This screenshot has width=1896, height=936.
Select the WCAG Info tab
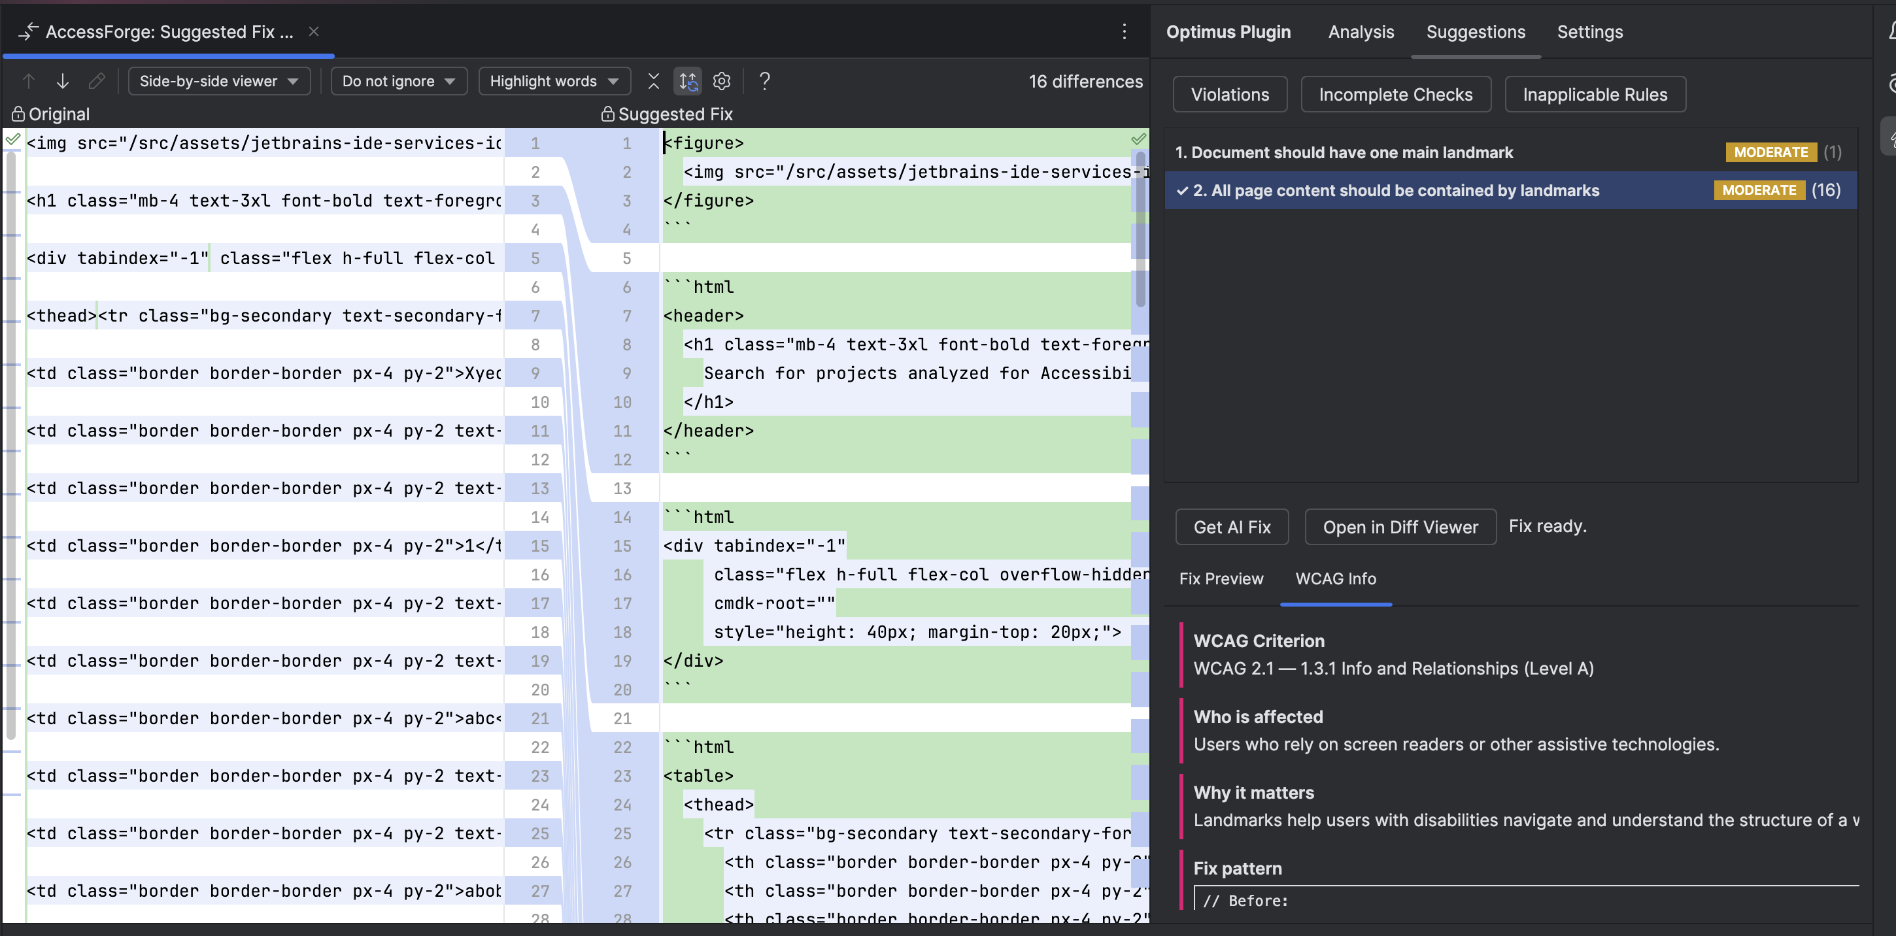1335,578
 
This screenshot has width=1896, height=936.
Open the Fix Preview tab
1221,578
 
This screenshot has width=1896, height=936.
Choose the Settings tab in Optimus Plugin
1589,31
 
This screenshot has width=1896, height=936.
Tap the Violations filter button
1229,94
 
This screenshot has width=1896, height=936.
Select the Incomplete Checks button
1395,94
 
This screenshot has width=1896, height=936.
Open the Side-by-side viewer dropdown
218,81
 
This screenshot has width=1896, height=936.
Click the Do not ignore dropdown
398,81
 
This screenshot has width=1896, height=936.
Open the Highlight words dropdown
554,81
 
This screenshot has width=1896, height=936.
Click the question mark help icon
764,81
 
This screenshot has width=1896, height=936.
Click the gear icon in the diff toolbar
721,81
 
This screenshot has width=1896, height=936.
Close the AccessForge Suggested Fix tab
314,31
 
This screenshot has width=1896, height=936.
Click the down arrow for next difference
63,81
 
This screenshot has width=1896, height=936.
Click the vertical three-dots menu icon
1123,31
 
